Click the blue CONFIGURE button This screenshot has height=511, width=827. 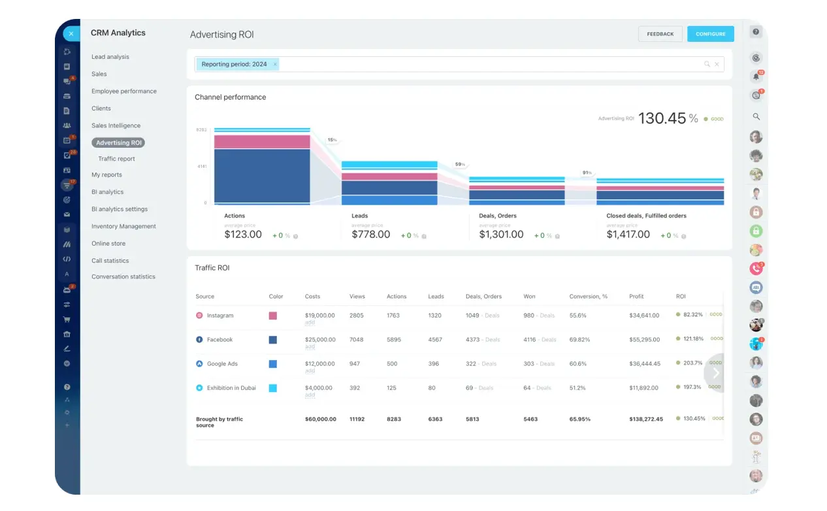(710, 34)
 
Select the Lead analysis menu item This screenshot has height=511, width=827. (110, 57)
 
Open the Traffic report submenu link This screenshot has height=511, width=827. (116, 159)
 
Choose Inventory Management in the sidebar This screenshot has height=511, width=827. (123, 226)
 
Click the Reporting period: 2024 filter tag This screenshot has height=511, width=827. (234, 64)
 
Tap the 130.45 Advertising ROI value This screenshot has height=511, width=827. (662, 118)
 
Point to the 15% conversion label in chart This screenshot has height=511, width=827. (332, 140)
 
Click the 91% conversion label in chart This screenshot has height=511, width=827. (587, 173)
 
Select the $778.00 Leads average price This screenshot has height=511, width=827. (370, 235)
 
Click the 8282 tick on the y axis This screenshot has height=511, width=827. (201, 130)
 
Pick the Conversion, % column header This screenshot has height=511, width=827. (588, 297)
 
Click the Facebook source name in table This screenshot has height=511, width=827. (219, 340)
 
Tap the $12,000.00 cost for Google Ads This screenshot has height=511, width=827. (319, 364)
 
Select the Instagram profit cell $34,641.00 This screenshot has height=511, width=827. (644, 316)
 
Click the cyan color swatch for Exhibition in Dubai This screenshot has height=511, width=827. (272, 388)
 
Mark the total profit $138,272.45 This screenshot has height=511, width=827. (645, 419)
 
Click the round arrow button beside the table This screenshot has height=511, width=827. (715, 373)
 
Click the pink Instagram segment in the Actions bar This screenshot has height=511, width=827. (262, 142)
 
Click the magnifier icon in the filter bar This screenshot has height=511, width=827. (707, 64)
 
